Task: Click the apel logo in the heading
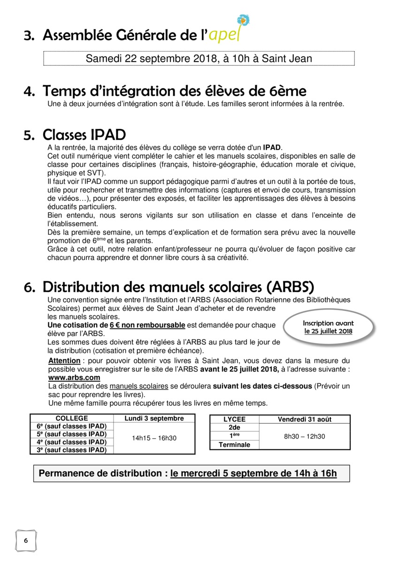coord(229,30)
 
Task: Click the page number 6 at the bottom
coord(26,540)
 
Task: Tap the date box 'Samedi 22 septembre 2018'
coord(199,59)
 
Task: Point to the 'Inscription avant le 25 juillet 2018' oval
coord(328,327)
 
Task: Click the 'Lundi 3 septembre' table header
coord(154,418)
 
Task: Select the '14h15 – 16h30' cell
coord(154,438)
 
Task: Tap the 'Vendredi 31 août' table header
coord(304,419)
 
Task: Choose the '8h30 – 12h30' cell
coord(304,436)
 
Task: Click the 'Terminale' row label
coord(234,445)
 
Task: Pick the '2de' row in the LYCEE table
coord(234,427)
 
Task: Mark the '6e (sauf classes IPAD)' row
coord(72,426)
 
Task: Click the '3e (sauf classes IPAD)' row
coord(72,450)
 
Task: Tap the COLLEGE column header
coord(72,418)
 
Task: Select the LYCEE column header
coord(234,419)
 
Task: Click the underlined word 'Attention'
coord(64,361)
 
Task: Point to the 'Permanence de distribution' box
coord(191,473)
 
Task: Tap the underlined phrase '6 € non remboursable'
coord(147,325)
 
